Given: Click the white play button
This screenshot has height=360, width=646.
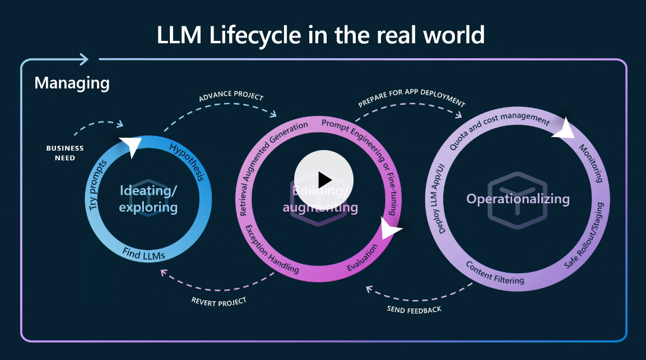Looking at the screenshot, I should [324, 180].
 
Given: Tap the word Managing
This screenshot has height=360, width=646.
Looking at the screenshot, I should [72, 83].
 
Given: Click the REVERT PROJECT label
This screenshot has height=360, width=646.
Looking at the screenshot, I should [219, 301].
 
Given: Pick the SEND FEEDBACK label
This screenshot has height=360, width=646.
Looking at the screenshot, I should [414, 309].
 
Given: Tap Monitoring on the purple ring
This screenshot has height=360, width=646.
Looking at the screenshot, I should [591, 164].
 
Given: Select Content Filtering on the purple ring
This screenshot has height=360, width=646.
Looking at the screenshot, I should [495, 272].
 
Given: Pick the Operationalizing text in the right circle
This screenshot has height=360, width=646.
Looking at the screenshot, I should [518, 199].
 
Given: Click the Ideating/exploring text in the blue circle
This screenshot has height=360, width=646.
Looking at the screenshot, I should [148, 199].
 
